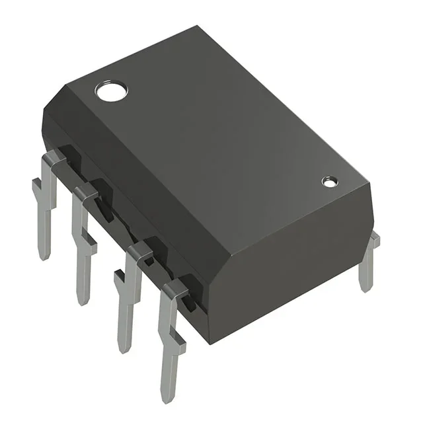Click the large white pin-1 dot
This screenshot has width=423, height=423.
110,91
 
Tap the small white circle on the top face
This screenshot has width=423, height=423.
329,181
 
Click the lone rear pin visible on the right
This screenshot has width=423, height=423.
369,261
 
